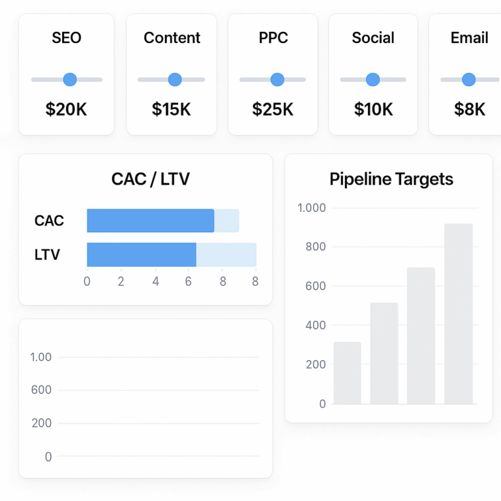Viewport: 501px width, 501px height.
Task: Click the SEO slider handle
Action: click(x=70, y=80)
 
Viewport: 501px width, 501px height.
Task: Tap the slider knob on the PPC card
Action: click(x=277, y=80)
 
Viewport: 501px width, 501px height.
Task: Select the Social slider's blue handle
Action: click(x=373, y=80)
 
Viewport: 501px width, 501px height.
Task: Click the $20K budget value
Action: click(x=66, y=110)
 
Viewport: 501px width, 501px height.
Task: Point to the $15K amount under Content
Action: click(x=172, y=110)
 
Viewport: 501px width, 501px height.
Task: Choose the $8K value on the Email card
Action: click(x=470, y=110)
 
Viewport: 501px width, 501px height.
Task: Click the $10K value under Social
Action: click(x=373, y=110)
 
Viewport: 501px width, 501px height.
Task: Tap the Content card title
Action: click(x=172, y=38)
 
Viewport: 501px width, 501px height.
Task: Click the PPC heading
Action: click(x=273, y=38)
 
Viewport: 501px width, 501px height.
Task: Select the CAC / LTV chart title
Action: click(x=151, y=179)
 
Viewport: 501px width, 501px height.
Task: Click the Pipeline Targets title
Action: click(x=391, y=179)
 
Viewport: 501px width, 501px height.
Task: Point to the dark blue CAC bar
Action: click(x=150, y=220)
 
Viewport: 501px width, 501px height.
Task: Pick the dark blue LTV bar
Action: click(x=142, y=254)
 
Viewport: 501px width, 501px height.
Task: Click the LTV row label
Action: click(x=47, y=254)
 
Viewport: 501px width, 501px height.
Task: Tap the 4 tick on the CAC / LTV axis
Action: click(x=155, y=282)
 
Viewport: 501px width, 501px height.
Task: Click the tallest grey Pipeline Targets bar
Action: click(x=458, y=314)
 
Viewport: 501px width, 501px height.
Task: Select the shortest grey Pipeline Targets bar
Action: click(x=347, y=372)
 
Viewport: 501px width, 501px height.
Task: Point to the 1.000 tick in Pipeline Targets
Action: click(x=311, y=208)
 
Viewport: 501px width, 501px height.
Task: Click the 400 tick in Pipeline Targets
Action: click(x=315, y=325)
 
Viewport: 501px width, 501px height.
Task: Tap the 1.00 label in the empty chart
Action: click(x=41, y=357)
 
